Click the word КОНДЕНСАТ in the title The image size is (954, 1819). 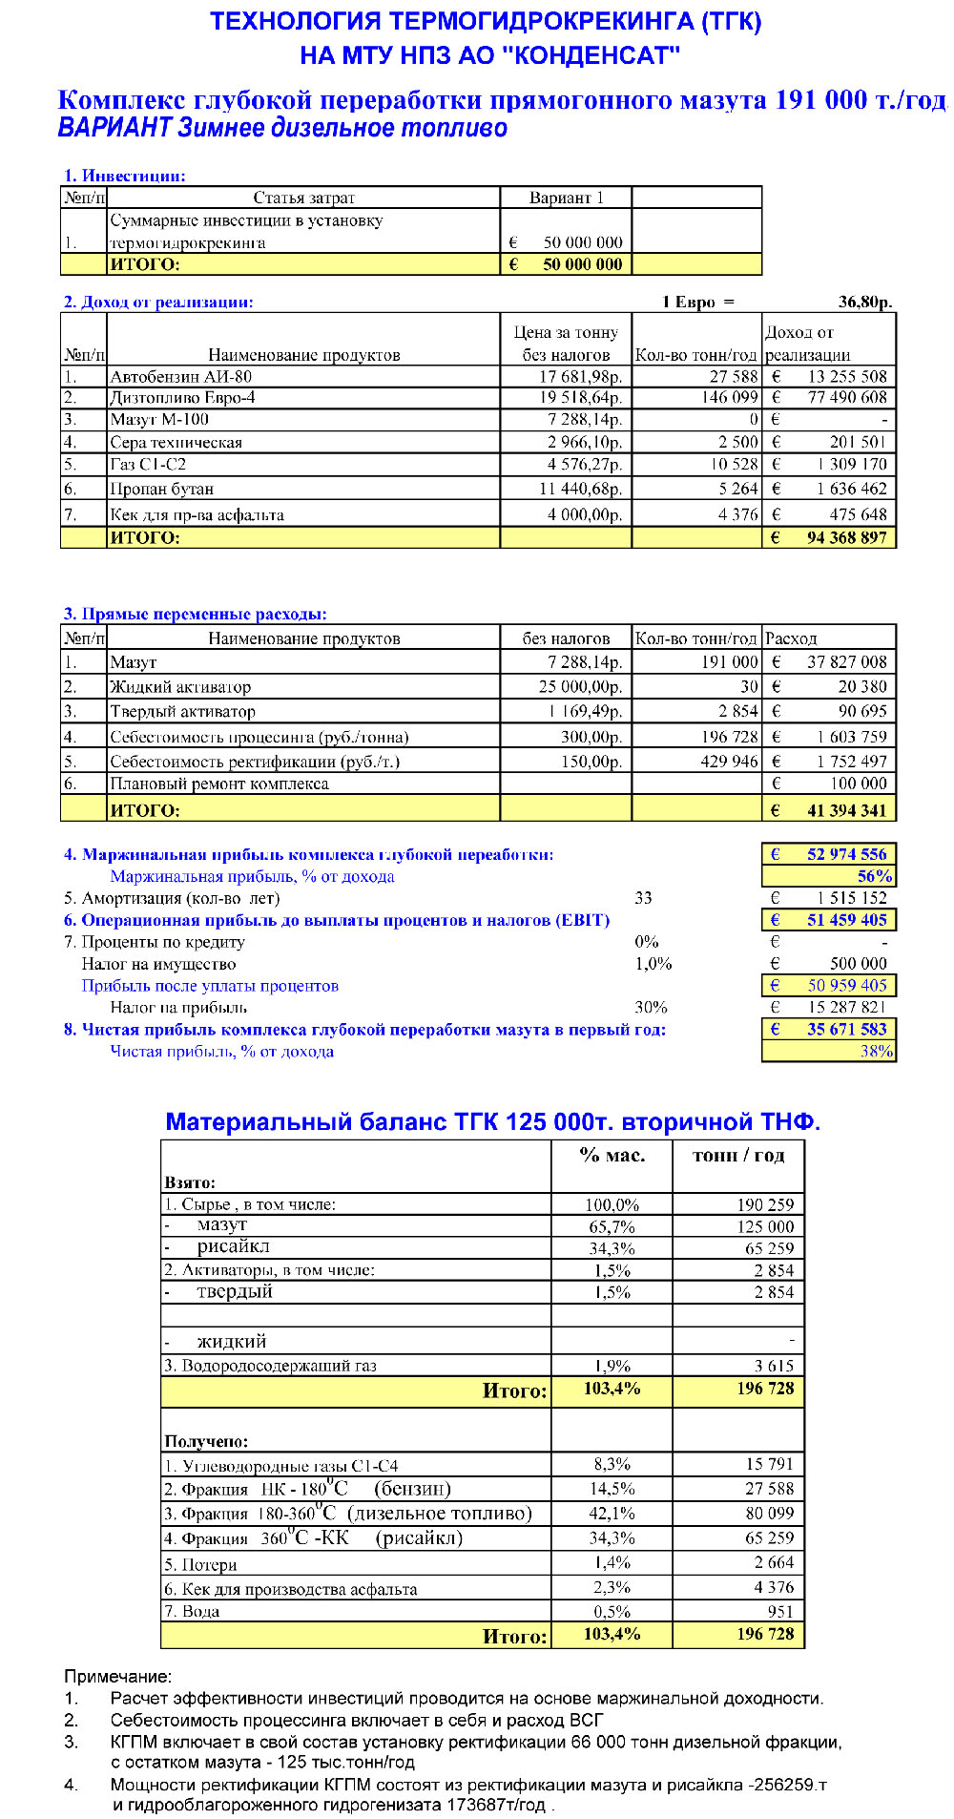(x=591, y=56)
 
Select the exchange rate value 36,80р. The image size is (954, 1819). (x=864, y=303)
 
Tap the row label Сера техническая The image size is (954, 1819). (x=176, y=443)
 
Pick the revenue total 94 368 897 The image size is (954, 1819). (x=846, y=538)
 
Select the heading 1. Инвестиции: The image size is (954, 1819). (x=124, y=176)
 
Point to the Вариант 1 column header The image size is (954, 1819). (x=566, y=199)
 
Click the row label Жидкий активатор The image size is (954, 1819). (x=180, y=687)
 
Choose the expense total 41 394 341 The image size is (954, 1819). (x=846, y=811)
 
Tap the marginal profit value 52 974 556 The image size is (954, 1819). (x=846, y=855)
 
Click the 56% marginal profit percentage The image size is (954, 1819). (x=874, y=877)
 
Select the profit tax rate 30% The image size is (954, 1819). (x=651, y=1008)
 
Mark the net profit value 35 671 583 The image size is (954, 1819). (x=846, y=1030)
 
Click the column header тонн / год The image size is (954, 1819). (x=738, y=1156)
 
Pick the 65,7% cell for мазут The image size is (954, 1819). (x=612, y=1227)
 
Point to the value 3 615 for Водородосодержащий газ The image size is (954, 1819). (x=773, y=1367)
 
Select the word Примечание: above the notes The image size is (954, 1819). (x=117, y=1677)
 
